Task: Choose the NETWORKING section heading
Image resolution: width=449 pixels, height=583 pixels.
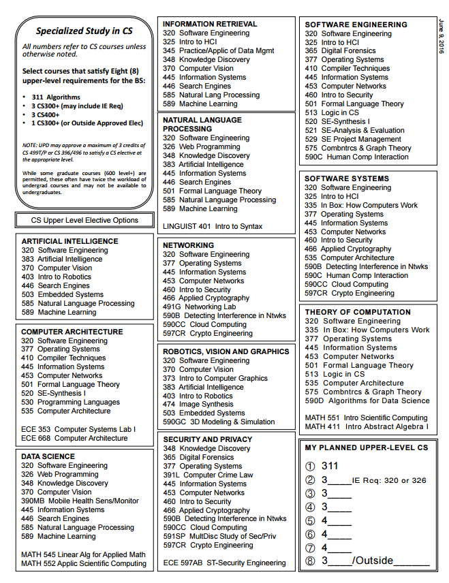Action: [188, 245]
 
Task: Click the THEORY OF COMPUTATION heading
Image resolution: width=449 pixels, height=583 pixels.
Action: [358, 312]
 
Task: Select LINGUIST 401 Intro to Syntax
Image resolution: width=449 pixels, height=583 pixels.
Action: [213, 226]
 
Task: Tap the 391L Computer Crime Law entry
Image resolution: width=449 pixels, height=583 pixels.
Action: [208, 475]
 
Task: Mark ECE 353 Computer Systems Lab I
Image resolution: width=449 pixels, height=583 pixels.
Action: [78, 429]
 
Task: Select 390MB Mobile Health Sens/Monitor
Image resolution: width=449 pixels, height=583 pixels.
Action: [80, 501]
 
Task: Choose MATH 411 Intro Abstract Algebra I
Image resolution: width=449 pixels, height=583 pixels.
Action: [367, 426]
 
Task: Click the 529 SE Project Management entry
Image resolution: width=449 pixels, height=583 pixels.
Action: [353, 139]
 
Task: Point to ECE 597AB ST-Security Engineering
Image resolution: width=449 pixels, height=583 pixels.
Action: [224, 563]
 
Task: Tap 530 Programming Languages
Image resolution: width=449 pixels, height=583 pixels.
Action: [70, 403]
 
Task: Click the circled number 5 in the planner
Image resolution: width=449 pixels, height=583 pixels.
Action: [311, 521]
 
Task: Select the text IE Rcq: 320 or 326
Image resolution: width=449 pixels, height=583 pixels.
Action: [389, 480]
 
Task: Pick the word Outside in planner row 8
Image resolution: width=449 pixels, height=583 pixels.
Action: [374, 561]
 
